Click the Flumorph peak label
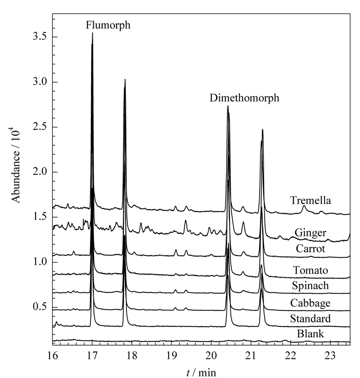[x=108, y=25]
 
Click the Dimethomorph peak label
[x=244, y=98]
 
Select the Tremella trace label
[x=310, y=200]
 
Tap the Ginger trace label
[x=310, y=233]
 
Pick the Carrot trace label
[x=310, y=249]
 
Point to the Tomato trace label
[x=310, y=270]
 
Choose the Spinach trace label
[x=310, y=286]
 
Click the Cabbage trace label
[x=310, y=303]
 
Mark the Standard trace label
[x=310, y=319]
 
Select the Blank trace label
[x=310, y=334]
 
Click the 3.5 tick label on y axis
[x=40, y=37]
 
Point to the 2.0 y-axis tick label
[x=40, y=172]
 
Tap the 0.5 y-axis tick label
[x=40, y=307]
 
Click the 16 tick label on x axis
[x=52, y=355]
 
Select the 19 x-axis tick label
[x=171, y=355]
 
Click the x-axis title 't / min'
[x=201, y=373]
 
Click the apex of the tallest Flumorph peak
[x=92, y=33]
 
